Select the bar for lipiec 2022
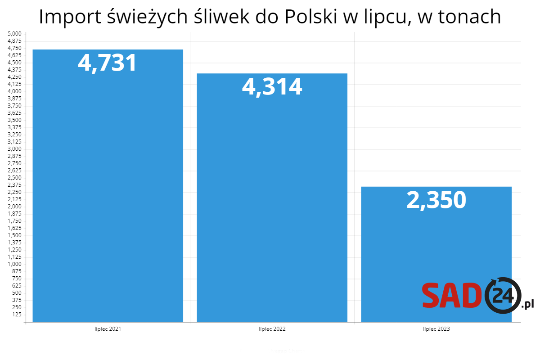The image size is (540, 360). tap(272, 202)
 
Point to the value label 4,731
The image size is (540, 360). tap(107, 63)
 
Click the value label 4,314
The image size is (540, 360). tap(272, 86)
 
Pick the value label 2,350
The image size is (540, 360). tap(436, 200)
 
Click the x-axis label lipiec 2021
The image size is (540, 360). tap(108, 329)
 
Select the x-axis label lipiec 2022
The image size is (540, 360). tap(272, 329)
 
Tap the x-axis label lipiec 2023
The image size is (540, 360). tap(436, 329)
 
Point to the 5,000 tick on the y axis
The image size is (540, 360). tap(15, 34)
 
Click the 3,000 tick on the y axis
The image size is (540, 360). tap(15, 149)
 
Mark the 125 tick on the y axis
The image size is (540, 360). tap(17, 314)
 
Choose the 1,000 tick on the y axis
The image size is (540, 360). tap(15, 264)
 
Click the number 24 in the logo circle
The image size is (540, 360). tap(503, 296)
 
